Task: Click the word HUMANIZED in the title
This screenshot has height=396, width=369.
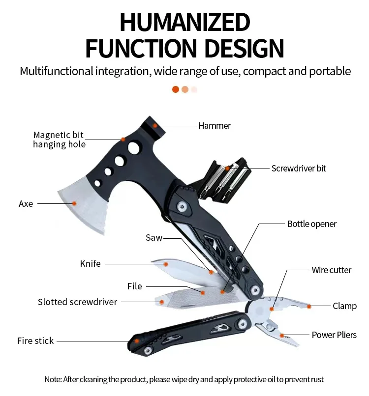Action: (184, 23)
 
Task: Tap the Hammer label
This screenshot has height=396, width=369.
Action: (215, 126)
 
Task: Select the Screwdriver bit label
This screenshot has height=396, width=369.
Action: (299, 169)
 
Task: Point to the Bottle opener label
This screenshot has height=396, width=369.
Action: (312, 224)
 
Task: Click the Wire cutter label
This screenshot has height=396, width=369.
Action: (332, 270)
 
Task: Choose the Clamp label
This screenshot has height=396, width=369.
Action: (344, 306)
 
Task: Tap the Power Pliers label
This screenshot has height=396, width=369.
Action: (334, 335)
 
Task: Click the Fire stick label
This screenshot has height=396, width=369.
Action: (35, 340)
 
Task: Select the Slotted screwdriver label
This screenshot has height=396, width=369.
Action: (77, 302)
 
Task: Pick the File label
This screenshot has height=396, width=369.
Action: (134, 286)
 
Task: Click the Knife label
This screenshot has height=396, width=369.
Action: (90, 264)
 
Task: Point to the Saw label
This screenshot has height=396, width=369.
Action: (154, 238)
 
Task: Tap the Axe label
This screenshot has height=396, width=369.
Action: (26, 203)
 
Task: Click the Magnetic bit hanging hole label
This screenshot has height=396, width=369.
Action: (59, 140)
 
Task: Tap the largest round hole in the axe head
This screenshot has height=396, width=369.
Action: (133, 147)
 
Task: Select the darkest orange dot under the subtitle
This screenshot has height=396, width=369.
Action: (176, 89)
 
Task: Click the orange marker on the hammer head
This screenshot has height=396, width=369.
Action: (154, 125)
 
